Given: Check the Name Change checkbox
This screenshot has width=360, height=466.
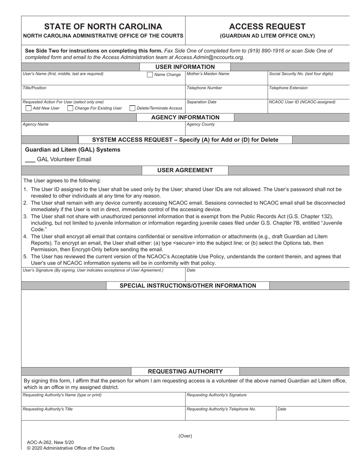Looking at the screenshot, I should pyautogui.click(x=150, y=75).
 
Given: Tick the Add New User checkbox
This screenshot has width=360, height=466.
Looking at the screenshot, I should pyautogui.click(x=28, y=108).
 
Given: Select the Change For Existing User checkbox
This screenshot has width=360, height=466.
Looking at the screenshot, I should pyautogui.click(x=70, y=108).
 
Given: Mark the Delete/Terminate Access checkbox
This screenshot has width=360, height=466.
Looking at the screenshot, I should pyautogui.click(x=132, y=108).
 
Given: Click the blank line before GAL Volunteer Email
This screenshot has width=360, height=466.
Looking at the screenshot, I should pyautogui.click(x=30, y=160).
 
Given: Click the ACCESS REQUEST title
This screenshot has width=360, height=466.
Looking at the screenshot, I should pyautogui.click(x=267, y=27).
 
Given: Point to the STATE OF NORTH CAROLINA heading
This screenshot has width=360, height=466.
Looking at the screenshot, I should pyautogui.click(x=103, y=27).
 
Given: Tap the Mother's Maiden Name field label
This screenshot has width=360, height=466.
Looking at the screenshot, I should pyautogui.click(x=208, y=74).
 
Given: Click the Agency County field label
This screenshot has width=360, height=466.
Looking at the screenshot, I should pyautogui.click(x=201, y=124).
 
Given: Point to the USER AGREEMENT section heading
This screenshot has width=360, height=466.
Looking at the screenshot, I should pyautogui.click(x=185, y=170).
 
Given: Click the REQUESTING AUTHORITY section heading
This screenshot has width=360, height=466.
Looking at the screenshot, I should pyautogui.click(x=185, y=371).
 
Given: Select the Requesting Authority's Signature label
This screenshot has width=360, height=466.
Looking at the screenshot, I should pyautogui.click(x=216, y=395).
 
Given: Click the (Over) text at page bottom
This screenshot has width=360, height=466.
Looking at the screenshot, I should pyautogui.click(x=185, y=436).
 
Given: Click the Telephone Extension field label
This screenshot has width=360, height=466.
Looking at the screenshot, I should pyautogui.click(x=288, y=88).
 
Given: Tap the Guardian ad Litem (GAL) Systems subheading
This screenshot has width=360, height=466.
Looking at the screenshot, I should pyautogui.click(x=72, y=150).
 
